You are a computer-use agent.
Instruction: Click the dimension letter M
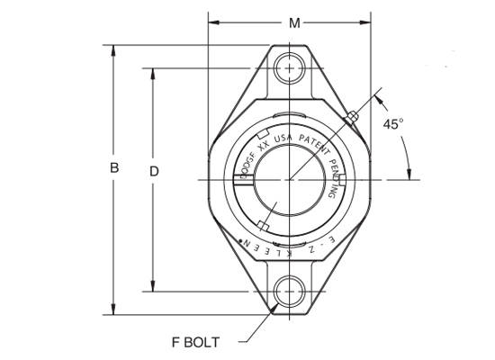(x=294, y=22)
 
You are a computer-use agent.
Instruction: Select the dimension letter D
(x=153, y=170)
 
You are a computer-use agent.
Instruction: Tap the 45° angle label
(x=392, y=124)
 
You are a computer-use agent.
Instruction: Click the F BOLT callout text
(x=202, y=341)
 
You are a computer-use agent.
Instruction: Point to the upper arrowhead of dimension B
(x=113, y=50)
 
